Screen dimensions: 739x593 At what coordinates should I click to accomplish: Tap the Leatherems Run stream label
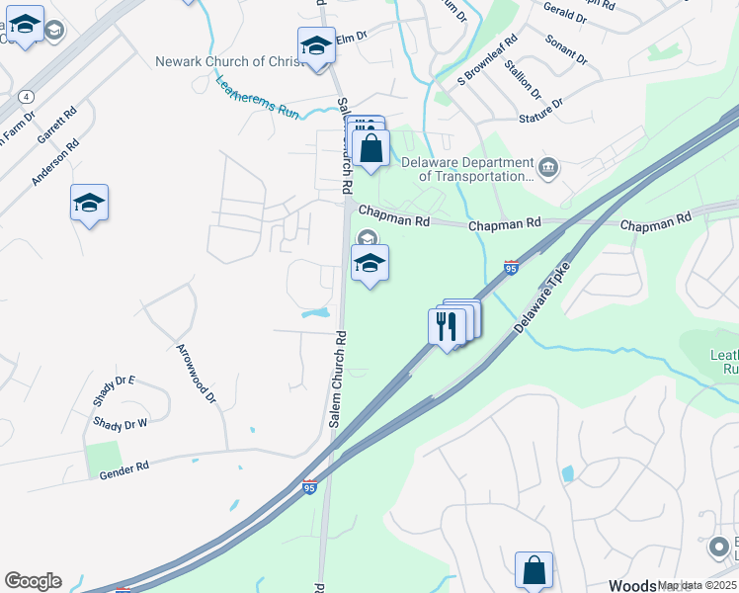coord(257,100)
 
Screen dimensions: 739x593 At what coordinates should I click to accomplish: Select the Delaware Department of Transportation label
coord(467,169)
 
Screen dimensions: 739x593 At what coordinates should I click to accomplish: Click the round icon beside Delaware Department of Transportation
coord(549,169)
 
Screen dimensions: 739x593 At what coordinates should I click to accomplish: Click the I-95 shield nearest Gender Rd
coord(310,487)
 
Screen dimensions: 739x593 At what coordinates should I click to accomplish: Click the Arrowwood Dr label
coord(195,374)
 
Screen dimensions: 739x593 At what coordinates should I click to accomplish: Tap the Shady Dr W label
coord(120,423)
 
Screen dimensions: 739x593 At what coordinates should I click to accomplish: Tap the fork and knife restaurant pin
coord(446,326)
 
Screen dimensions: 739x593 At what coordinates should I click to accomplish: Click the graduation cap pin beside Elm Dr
coord(316,45)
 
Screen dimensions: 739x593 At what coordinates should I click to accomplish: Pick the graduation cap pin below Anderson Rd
coord(89,203)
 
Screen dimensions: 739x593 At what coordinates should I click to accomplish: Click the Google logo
coord(33,580)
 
